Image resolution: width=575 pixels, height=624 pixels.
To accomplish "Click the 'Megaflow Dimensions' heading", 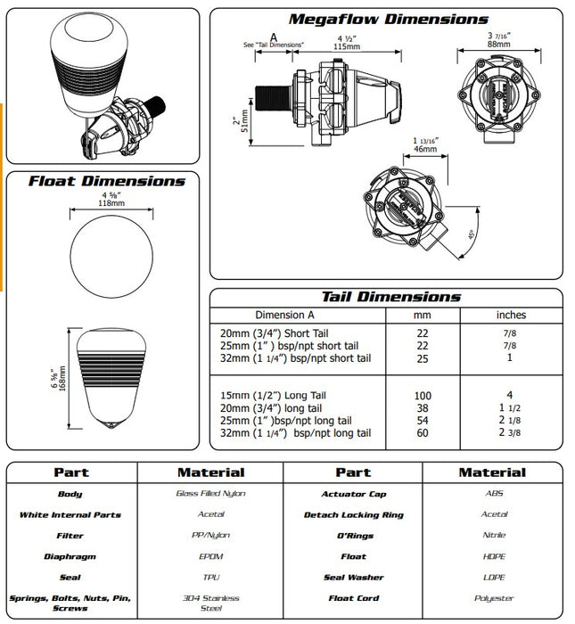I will coord(388,19).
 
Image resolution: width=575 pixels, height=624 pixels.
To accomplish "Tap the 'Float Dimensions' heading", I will coord(106,181).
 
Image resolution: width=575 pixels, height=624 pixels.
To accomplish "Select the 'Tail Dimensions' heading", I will coord(390,297).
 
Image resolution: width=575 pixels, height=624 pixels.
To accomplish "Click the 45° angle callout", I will coord(471,238).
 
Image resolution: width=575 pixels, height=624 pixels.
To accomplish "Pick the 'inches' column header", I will coord(511,315).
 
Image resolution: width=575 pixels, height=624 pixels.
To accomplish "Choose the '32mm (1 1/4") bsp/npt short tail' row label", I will coord(295,357).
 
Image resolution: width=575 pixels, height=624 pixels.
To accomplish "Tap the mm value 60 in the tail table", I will coord(423,432).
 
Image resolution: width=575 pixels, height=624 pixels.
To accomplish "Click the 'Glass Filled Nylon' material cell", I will coord(210,493).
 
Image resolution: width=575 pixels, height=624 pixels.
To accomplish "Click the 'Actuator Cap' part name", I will coord(353,493).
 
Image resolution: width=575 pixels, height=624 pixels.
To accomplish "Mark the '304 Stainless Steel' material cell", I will coord(210,603).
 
